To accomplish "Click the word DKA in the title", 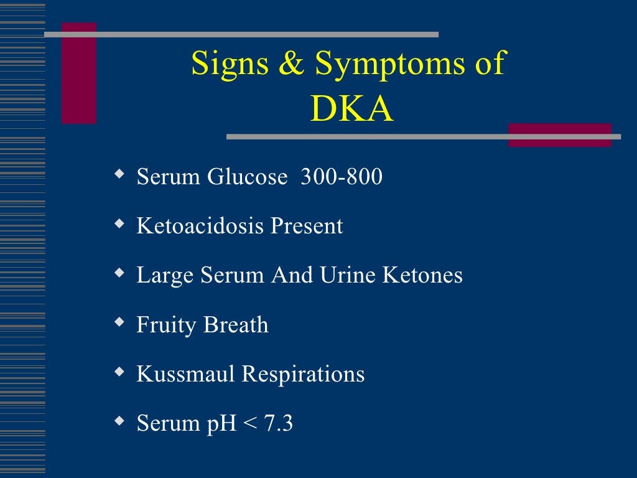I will coord(351,110).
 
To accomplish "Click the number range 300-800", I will coord(341,177).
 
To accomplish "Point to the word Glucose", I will coord(247,177).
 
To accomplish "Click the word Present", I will coord(306,226).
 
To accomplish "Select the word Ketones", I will coord(422,275).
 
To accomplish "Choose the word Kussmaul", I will coord(185,374).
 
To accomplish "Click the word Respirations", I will coord(303,375).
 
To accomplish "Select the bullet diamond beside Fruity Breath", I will coord(119,322).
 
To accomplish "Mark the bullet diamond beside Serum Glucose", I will coord(119,174).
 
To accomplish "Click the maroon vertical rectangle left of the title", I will coord(79,73).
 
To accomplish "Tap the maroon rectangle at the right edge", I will coord(560,135).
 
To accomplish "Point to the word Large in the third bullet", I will coord(165,276).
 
